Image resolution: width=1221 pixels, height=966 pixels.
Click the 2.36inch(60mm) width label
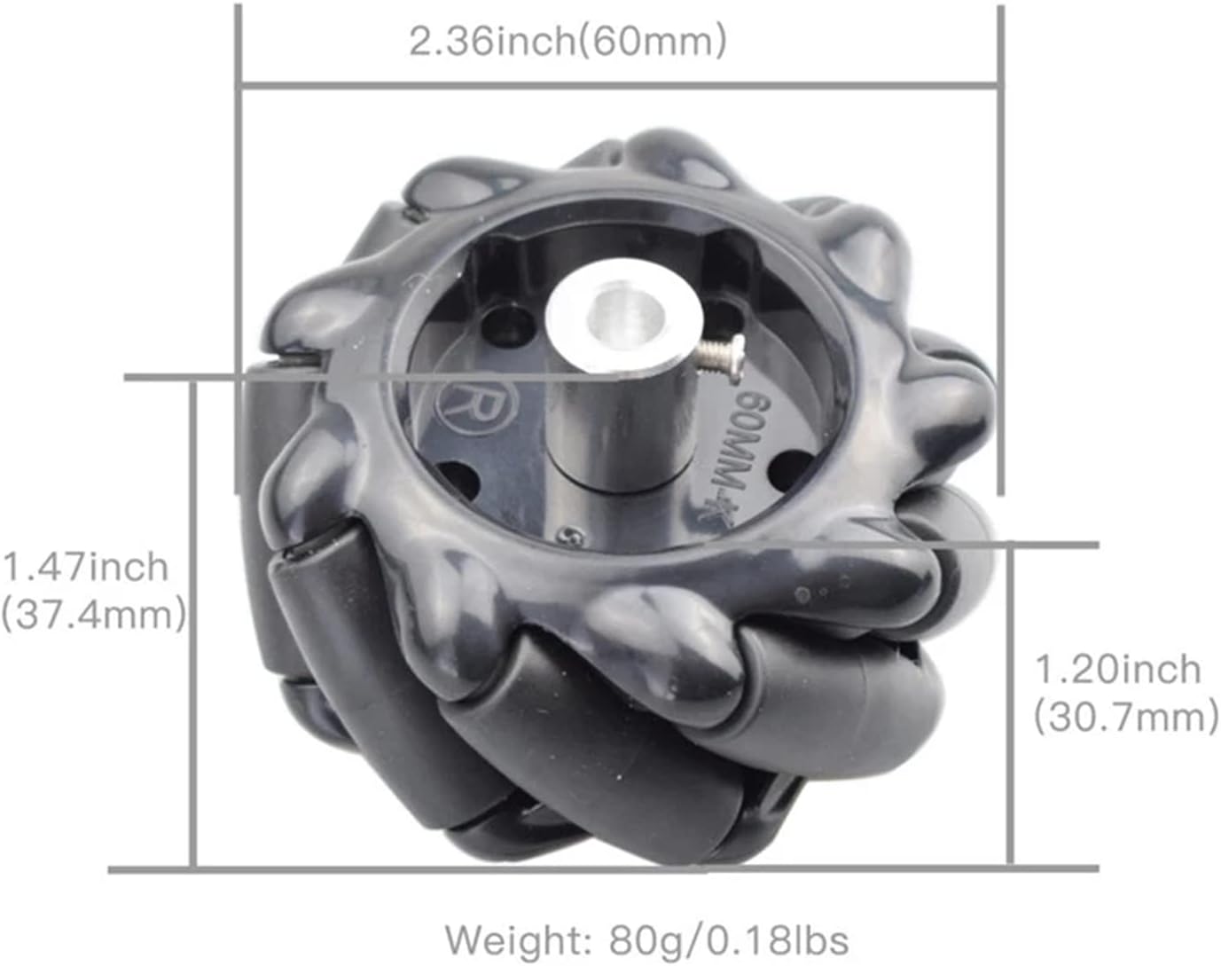click(x=567, y=43)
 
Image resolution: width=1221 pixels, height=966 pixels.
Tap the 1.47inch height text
click(x=86, y=567)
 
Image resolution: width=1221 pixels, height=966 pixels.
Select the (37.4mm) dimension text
click(x=94, y=615)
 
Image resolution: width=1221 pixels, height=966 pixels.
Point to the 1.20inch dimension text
click(x=1118, y=670)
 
